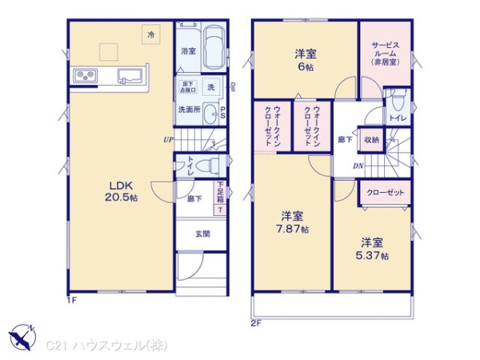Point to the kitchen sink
coord(129,77)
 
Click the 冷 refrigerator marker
coord(150,34)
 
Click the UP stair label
coord(168,140)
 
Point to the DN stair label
coord(359,166)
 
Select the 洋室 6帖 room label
coord(305,58)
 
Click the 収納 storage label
coord(371,139)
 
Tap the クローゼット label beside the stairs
coord(386,193)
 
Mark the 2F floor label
coord(256,323)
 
